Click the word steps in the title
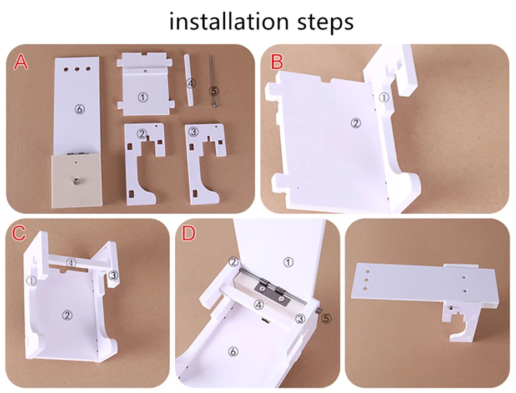pyautogui.click(x=326, y=22)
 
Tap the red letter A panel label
pyautogui.click(x=21, y=63)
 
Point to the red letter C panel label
pyautogui.click(x=19, y=232)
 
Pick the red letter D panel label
pyautogui.click(x=189, y=233)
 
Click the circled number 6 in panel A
pyautogui.click(x=80, y=109)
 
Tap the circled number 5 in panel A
pyautogui.click(x=214, y=91)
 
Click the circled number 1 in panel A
pyautogui.click(x=143, y=98)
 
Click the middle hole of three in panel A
pyautogui.click(x=77, y=69)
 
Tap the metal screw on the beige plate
pyautogui.click(x=77, y=180)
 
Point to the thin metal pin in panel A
pyautogui.click(x=213, y=81)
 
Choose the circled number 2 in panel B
pyautogui.click(x=356, y=123)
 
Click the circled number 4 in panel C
pyautogui.click(x=71, y=263)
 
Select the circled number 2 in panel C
pyautogui.click(x=68, y=315)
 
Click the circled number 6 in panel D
pyautogui.click(x=233, y=352)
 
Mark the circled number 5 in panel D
pyautogui.click(x=326, y=318)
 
